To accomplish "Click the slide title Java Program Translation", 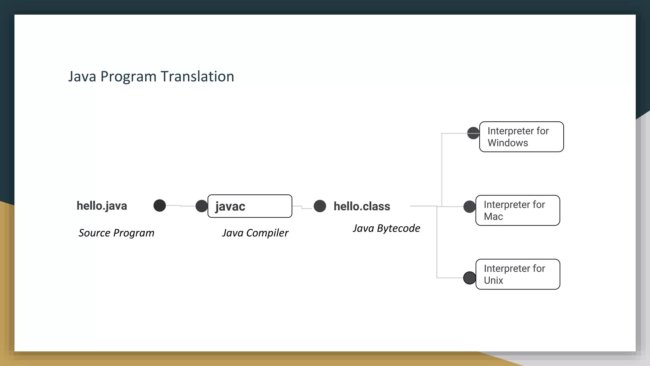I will [151, 77].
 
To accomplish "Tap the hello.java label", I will [102, 206].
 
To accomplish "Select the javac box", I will [250, 206].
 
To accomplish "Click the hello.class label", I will [362, 207].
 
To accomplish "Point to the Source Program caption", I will [116, 233].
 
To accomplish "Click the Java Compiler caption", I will [255, 233].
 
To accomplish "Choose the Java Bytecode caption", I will [386, 228].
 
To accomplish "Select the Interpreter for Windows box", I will [521, 137].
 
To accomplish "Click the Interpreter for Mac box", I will [518, 211].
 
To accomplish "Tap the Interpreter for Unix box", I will [518, 274].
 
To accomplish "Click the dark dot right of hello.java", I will [160, 206].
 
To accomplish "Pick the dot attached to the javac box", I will [202, 206].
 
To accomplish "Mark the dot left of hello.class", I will [320, 206].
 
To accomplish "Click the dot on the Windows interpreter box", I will [473, 133].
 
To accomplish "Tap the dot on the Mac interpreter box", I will [469, 207].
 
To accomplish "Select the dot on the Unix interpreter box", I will [469, 278].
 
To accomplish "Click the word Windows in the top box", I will [508, 143].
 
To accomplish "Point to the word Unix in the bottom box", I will [494, 281].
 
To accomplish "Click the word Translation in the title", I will [197, 77].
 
